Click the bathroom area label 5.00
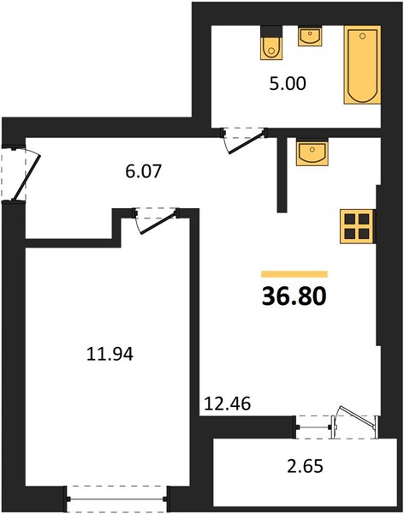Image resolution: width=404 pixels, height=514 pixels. tap(288, 84)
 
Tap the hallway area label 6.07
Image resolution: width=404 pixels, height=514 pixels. tap(144, 171)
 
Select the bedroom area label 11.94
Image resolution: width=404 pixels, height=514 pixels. tap(110, 355)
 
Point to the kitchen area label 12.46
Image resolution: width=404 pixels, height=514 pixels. tap(228, 403)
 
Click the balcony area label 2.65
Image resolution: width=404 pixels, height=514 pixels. tap(305, 466)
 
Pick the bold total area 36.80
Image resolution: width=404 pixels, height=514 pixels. tap(294, 296)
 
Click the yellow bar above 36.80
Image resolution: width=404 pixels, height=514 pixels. tap(294, 274)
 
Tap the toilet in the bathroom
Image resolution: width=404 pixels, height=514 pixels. tap(271, 43)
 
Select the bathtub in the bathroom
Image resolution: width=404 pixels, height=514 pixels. tap(362, 65)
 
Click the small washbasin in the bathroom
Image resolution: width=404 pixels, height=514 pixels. tap(310, 36)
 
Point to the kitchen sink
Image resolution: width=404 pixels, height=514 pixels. tap(312, 152)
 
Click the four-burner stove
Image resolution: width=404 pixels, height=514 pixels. tap(357, 226)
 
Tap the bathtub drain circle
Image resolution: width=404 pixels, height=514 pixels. tap(362, 36)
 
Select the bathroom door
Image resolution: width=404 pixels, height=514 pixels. tap(245, 142)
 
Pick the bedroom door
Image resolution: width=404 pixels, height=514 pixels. tap(157, 222)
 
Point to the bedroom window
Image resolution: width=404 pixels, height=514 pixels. tap(116, 499)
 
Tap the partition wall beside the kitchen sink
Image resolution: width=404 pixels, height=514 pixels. tap(282, 175)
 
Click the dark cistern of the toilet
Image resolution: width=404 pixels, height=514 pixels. tap(271, 32)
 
